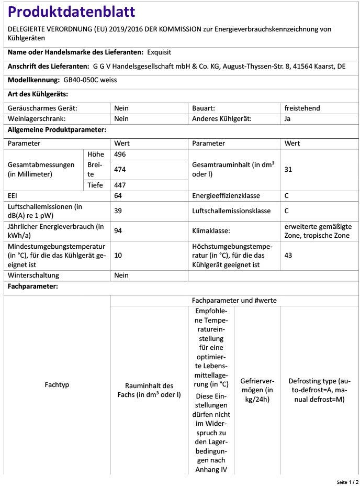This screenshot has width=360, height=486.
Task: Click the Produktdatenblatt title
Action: coord(72,12)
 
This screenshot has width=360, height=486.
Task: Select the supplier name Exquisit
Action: coord(159,52)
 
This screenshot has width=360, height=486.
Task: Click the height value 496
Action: coord(120,154)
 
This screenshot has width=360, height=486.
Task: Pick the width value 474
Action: coord(120,170)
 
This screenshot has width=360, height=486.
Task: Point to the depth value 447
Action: coord(120,185)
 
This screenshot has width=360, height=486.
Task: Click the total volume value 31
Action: coord(288,170)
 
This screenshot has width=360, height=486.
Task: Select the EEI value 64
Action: coord(118,195)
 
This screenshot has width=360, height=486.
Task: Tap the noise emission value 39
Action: coord(118,211)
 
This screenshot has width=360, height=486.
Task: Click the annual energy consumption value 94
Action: coord(118,230)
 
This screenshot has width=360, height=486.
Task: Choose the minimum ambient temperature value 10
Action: coord(118,255)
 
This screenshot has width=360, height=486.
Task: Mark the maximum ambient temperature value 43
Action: coord(288,255)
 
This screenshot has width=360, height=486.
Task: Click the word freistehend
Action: coord(302,108)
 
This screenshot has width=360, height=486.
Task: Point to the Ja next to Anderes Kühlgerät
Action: coord(288,119)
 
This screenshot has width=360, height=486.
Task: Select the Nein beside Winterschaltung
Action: coord(121,275)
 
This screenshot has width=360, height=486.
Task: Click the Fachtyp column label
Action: coord(57,385)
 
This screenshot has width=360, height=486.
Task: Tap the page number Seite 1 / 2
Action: coord(347,481)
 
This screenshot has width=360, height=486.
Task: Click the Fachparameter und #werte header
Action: coord(234,301)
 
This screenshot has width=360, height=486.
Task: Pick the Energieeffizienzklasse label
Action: coord(225,195)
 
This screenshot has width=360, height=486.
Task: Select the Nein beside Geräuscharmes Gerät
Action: coord(121,108)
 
